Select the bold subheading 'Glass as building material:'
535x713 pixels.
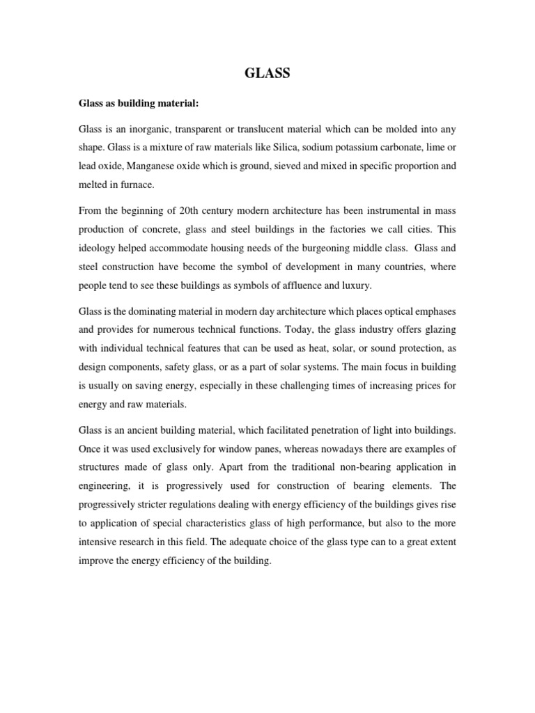(x=138, y=104)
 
